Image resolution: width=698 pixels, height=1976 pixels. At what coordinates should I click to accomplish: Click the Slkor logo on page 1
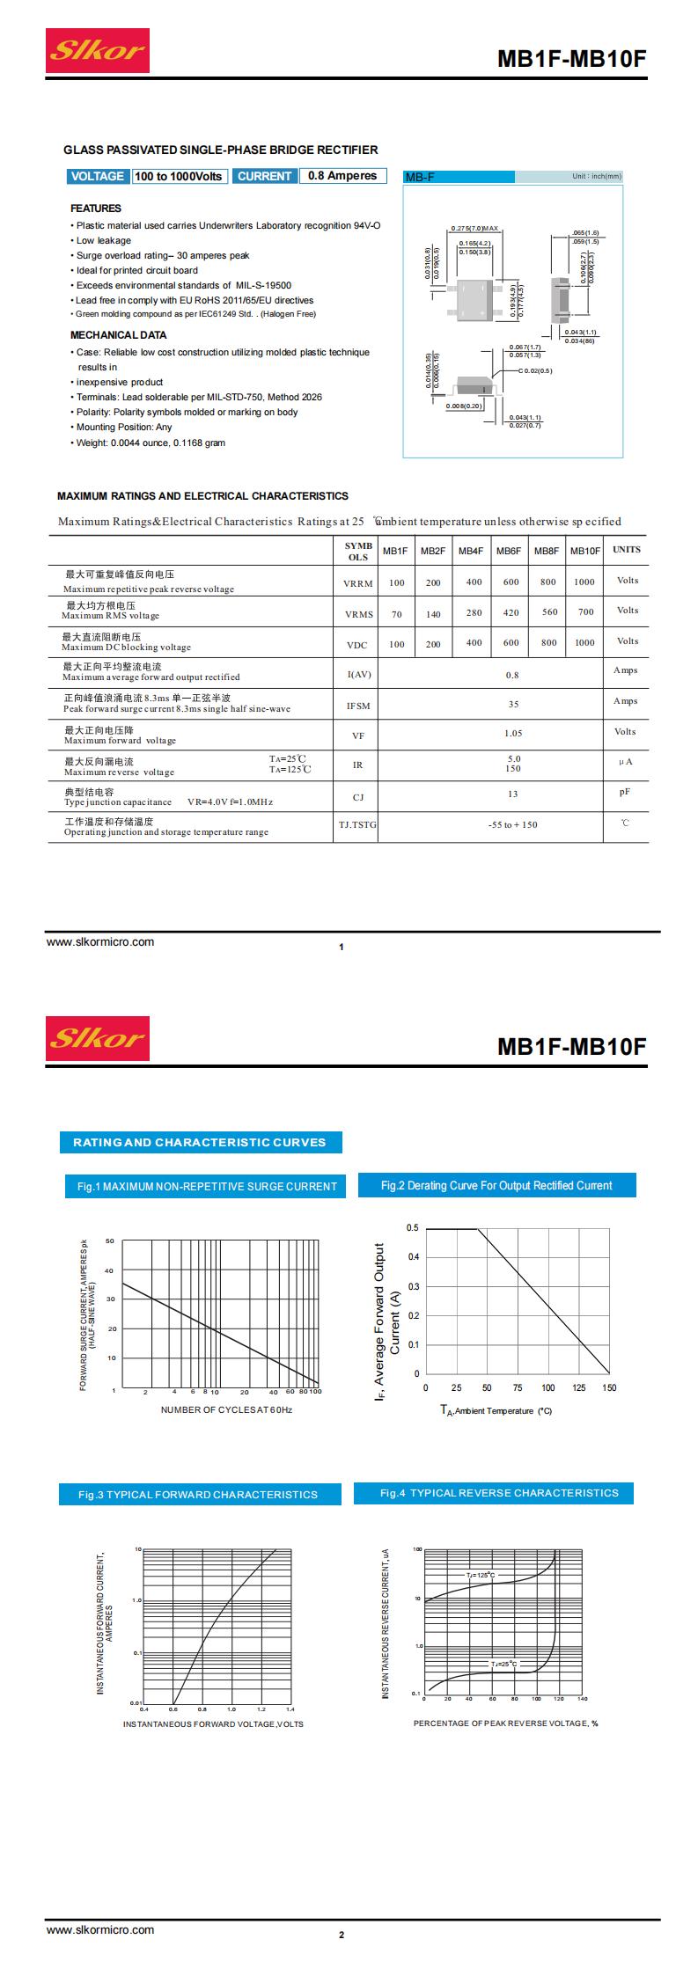pyautogui.click(x=98, y=50)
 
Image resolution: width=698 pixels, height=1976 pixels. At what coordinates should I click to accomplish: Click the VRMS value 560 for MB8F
pyautogui.click(x=549, y=612)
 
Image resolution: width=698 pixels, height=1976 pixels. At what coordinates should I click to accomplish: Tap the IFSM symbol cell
pyautogui.click(x=358, y=706)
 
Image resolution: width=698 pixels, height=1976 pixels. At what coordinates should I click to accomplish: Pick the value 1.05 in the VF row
pyautogui.click(x=513, y=733)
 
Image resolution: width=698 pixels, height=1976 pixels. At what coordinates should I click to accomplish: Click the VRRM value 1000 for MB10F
pyautogui.click(x=584, y=582)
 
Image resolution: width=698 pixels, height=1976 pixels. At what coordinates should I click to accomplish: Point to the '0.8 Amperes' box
pyautogui.click(x=342, y=176)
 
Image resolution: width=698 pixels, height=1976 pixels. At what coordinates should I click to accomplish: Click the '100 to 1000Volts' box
pyautogui.click(x=179, y=176)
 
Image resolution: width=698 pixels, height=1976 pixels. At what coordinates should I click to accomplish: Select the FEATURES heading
pyautogui.click(x=96, y=209)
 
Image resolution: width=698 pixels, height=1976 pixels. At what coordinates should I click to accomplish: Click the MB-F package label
pyautogui.click(x=420, y=177)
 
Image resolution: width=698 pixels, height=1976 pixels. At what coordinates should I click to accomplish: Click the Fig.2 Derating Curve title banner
pyautogui.click(x=496, y=1186)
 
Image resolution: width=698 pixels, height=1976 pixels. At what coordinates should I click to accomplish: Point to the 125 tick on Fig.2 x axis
pyautogui.click(x=578, y=1387)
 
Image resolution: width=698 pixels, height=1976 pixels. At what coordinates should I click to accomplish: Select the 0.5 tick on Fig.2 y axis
pyautogui.click(x=413, y=1228)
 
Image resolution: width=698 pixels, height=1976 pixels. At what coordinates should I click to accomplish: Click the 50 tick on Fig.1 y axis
pyautogui.click(x=110, y=1241)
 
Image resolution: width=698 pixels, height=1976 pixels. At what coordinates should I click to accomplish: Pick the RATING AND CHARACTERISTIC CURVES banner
pyautogui.click(x=200, y=1143)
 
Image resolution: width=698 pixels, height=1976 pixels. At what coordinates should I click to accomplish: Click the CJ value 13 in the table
pyautogui.click(x=513, y=794)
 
